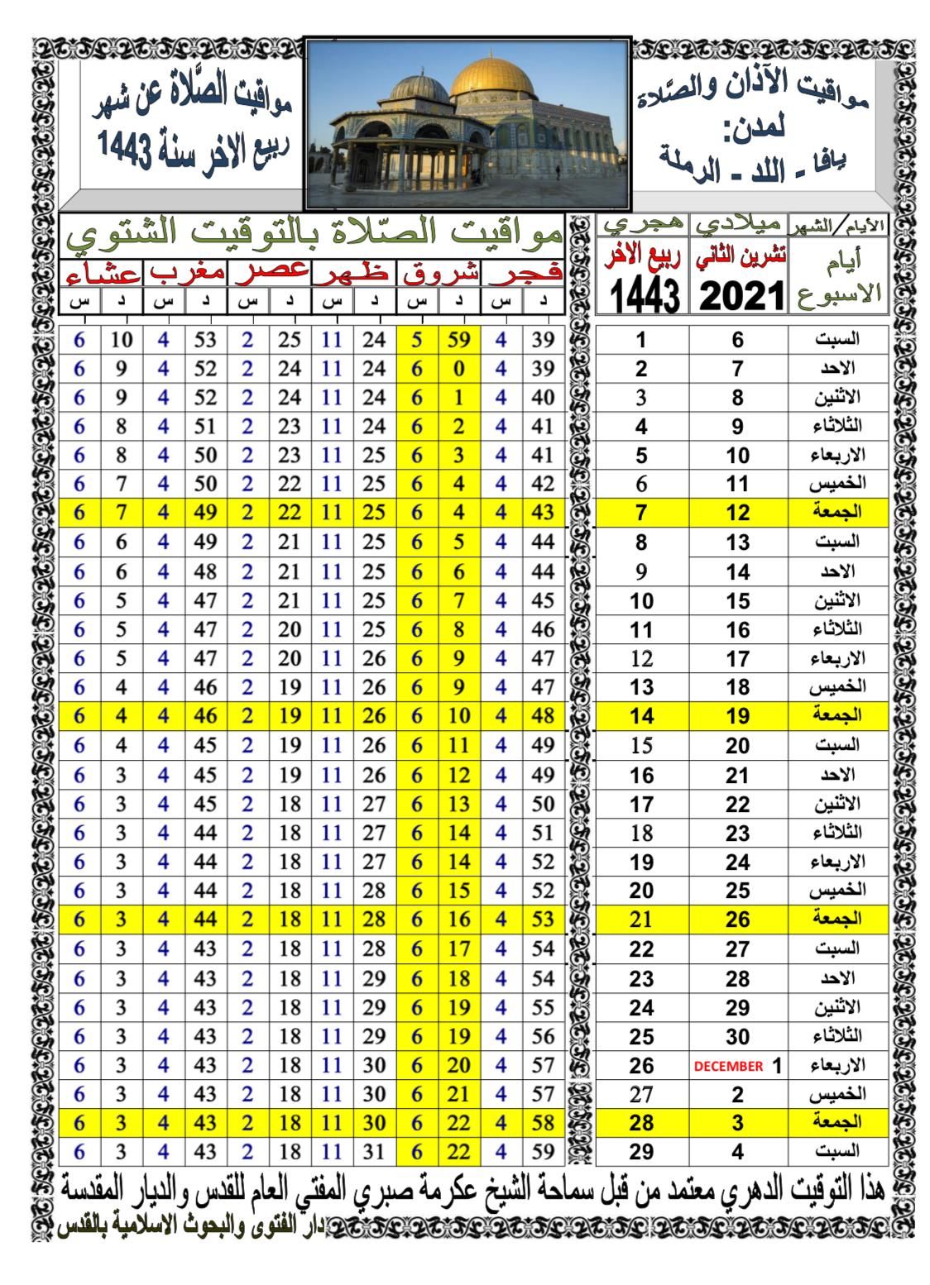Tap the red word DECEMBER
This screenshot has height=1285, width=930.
728,1066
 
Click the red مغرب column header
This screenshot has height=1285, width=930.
186,273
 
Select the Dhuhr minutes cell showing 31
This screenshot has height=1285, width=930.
374,1152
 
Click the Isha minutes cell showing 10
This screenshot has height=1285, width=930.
122,338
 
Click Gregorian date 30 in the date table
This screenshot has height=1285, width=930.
737,1036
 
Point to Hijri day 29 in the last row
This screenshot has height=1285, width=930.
641,1152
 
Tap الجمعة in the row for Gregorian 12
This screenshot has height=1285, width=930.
837,513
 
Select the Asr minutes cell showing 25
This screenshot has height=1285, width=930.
290,338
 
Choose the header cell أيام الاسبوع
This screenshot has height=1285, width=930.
838,276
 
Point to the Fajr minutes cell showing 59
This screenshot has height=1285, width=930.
542,1152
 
